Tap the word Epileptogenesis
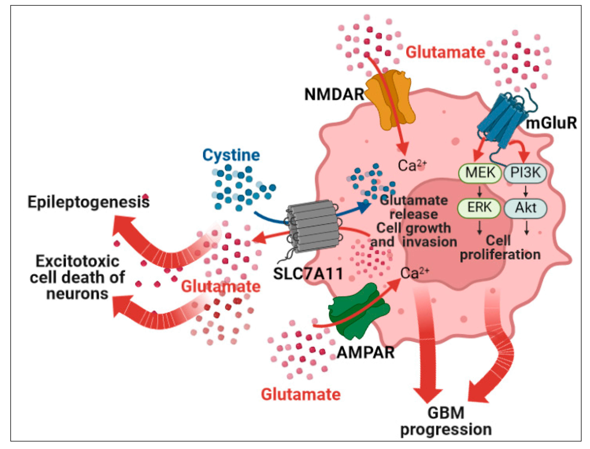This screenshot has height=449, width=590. click(x=88, y=202)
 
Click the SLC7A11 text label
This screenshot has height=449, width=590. click(x=308, y=274)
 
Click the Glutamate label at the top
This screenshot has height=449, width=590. click(x=445, y=52)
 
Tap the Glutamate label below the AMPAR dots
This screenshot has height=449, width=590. click(x=301, y=395)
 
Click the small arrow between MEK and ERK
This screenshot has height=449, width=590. click(x=479, y=191)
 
